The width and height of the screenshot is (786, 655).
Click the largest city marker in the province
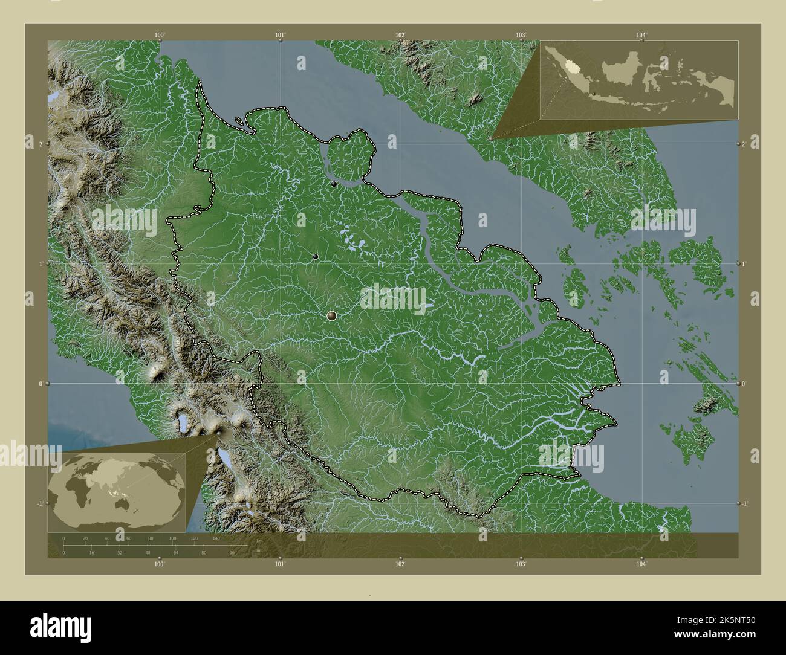click(x=331, y=315)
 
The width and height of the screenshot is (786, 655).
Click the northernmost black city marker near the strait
click(x=334, y=184)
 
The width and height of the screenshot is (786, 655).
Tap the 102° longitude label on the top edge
click(x=400, y=36)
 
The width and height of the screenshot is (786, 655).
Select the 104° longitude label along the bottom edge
click(x=641, y=564)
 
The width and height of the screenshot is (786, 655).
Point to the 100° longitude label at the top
click(x=159, y=36)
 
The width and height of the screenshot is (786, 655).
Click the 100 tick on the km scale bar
click(x=172, y=538)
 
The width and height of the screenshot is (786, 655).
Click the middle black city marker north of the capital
click(x=316, y=257)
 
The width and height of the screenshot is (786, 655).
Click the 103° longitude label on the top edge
click(x=521, y=36)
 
